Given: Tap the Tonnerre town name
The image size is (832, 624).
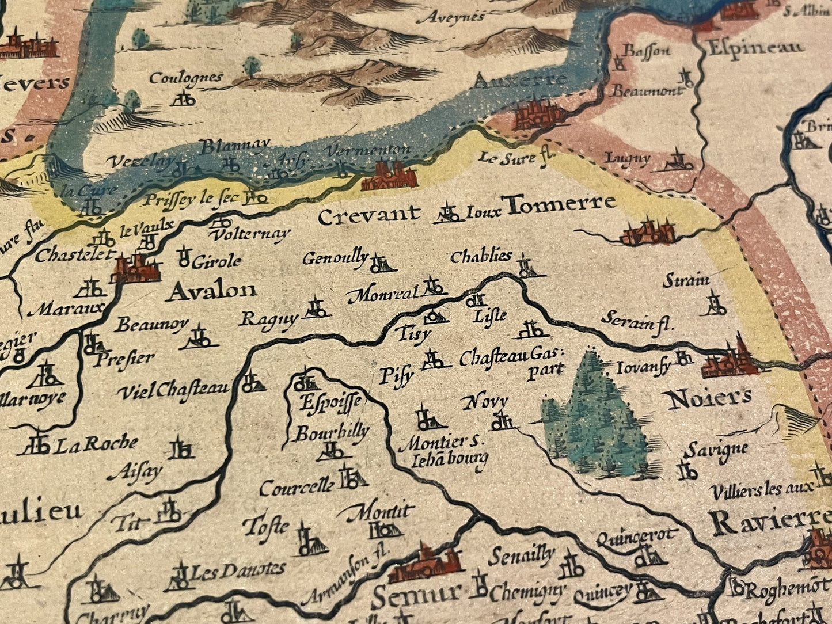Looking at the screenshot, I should (559, 204).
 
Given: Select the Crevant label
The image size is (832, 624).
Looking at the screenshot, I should (368, 216).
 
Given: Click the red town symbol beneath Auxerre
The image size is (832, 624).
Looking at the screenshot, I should (532, 115).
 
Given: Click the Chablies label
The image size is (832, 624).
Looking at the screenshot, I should (481, 256).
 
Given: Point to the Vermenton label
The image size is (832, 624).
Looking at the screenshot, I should (368, 151).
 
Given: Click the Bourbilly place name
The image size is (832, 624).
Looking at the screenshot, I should (332, 432).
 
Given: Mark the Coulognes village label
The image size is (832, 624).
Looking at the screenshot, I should (185, 78).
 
